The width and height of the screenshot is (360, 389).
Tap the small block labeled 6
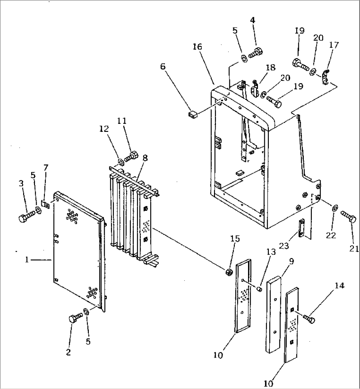[192, 115]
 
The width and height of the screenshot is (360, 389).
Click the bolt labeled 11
[131, 156]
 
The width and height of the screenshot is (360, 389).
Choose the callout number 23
[284, 246]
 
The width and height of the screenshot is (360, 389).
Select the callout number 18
[270, 67]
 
